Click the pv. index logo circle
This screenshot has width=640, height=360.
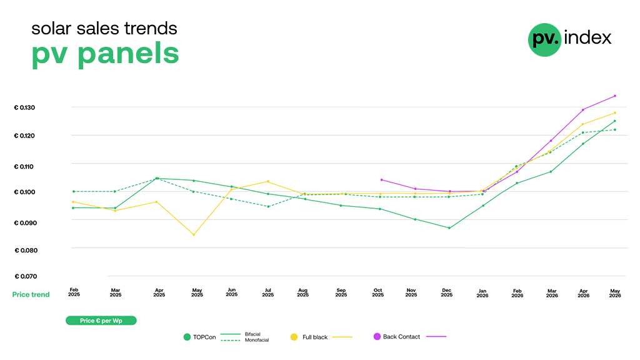click(544, 39)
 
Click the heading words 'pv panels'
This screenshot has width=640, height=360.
click(105, 54)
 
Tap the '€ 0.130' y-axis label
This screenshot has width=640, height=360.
click(24, 107)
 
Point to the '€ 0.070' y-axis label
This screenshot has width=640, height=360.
click(26, 276)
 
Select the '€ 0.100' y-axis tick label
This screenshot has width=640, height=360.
click(24, 192)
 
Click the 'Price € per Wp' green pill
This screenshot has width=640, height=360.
click(101, 321)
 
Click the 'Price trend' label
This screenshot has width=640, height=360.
click(31, 295)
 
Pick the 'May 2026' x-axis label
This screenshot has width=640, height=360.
click(615, 293)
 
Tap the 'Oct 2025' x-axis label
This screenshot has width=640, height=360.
click(378, 292)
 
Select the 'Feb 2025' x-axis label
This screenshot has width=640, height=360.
click(74, 292)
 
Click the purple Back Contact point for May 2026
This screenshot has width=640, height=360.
click(615, 96)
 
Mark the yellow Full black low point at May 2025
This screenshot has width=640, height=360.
click(194, 235)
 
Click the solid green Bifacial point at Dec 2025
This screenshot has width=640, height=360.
click(449, 228)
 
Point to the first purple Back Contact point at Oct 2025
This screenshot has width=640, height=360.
click(382, 179)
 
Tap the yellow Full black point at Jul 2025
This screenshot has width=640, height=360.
click(268, 181)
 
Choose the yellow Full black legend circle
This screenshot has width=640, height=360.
click(294, 337)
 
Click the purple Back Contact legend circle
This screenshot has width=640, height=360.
click(377, 336)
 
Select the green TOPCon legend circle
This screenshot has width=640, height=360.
click(187, 337)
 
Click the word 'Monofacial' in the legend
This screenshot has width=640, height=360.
click(257, 340)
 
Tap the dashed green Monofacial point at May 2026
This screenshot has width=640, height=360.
click(615, 130)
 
